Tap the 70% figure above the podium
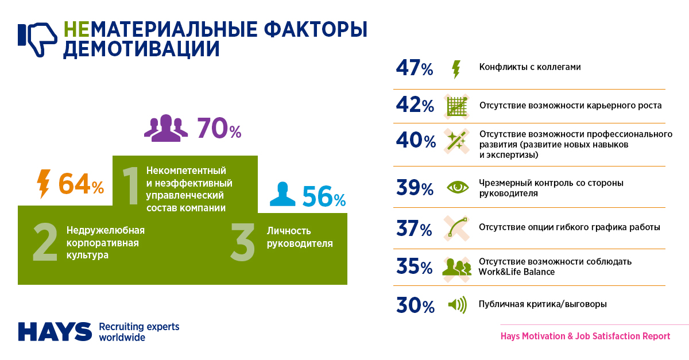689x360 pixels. (219, 129)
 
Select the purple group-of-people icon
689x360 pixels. (166, 128)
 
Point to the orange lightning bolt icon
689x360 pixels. (43, 183)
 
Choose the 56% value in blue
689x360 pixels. (324, 197)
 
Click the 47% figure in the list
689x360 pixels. (415, 68)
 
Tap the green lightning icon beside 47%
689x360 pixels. (456, 69)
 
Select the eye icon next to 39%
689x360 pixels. (458, 187)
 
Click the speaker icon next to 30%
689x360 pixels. (458, 304)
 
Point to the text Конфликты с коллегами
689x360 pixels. (530, 67)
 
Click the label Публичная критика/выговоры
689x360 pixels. (543, 304)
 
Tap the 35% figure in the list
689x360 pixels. (415, 267)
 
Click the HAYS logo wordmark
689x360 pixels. (55, 331)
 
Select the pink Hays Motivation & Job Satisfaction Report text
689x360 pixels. (585, 336)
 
